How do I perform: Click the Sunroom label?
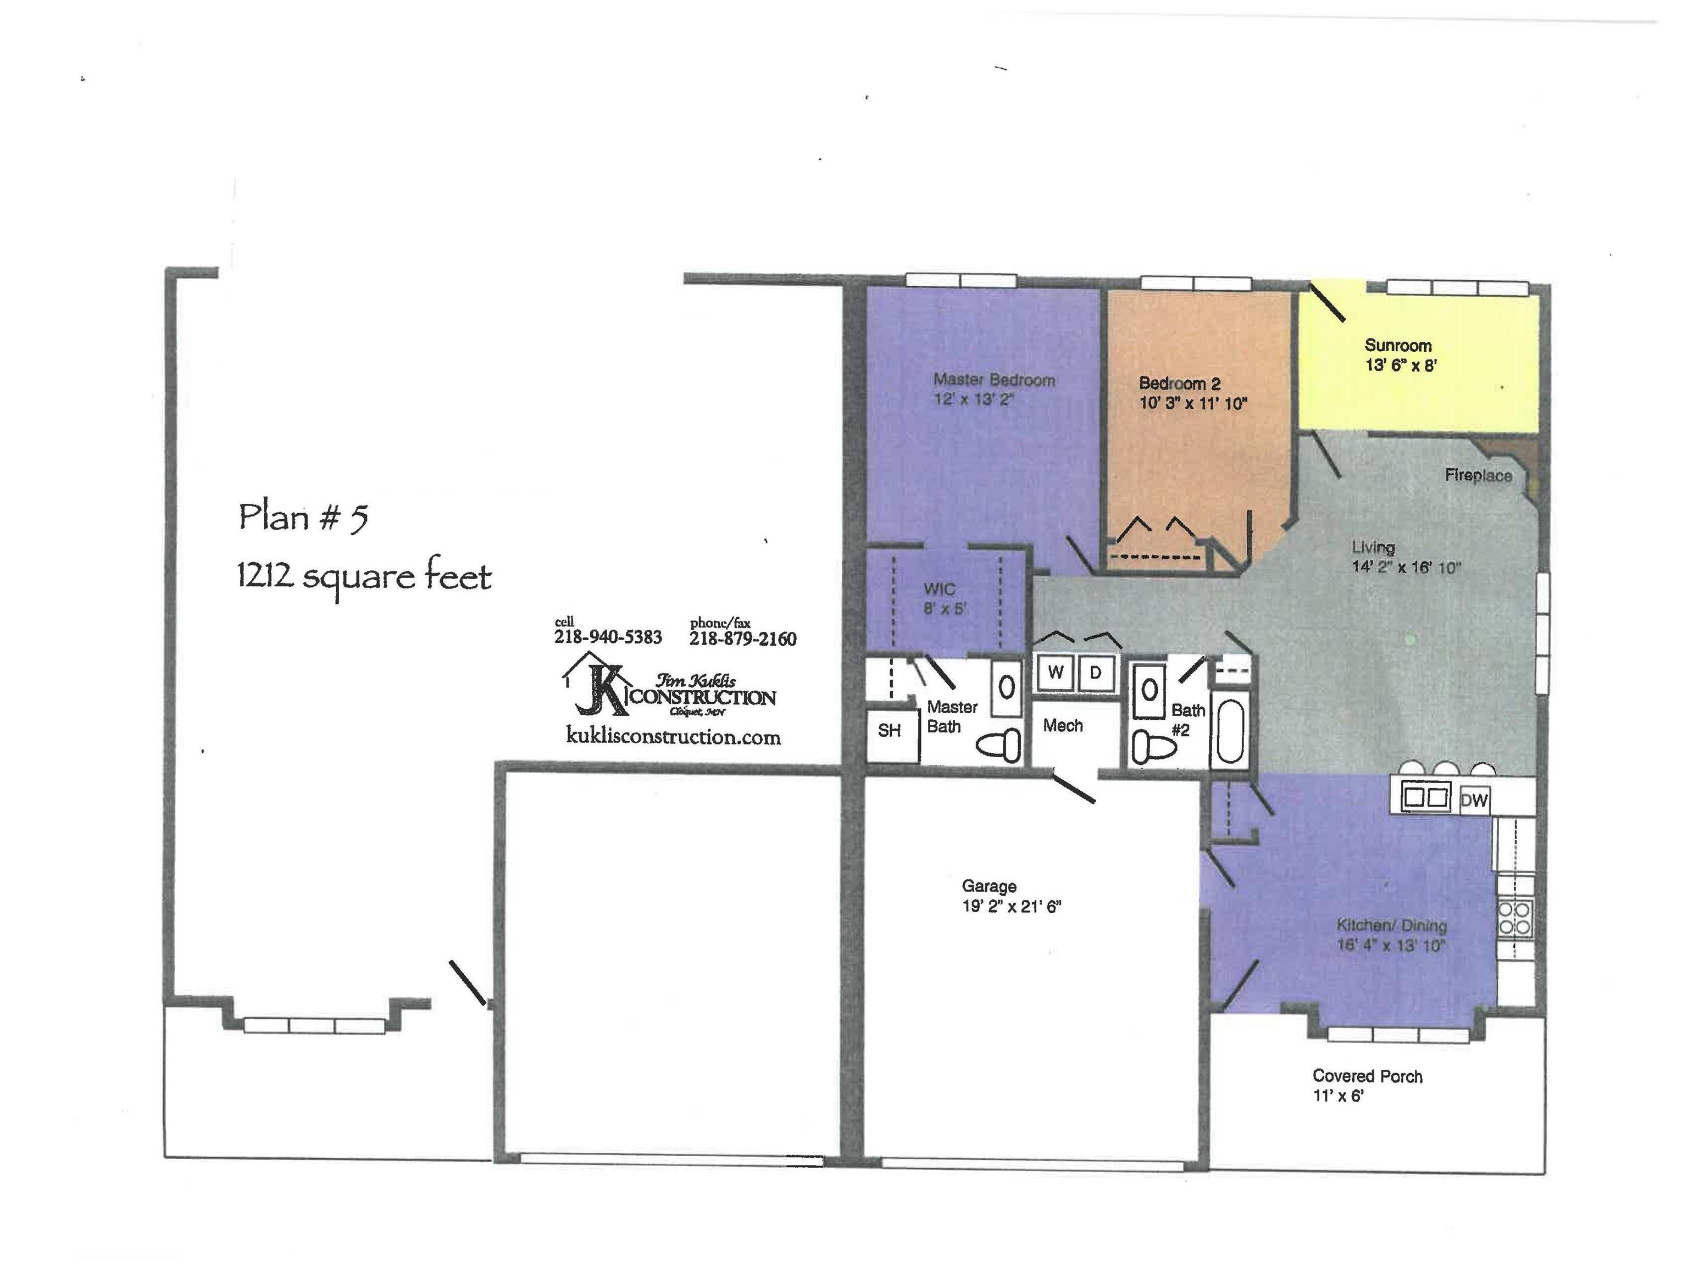pyautogui.click(x=1397, y=346)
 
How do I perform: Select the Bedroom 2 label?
pyautogui.click(x=1179, y=384)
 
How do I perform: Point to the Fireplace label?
pyautogui.click(x=1478, y=475)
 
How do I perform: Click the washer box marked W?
pyautogui.click(x=1056, y=673)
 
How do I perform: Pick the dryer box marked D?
pyautogui.click(x=1095, y=673)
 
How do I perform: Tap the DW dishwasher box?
pyautogui.click(x=1474, y=801)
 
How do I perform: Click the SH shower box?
pyautogui.click(x=890, y=731)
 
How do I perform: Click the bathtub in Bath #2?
pyautogui.click(x=1229, y=731)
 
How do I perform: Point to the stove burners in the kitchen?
pyautogui.click(x=1515, y=918)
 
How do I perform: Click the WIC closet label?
pyautogui.click(x=940, y=589)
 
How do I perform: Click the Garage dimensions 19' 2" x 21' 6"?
pyautogui.click(x=1011, y=907)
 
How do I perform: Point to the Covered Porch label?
pyautogui.click(x=1367, y=1076)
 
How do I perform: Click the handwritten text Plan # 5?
pyautogui.click(x=303, y=518)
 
